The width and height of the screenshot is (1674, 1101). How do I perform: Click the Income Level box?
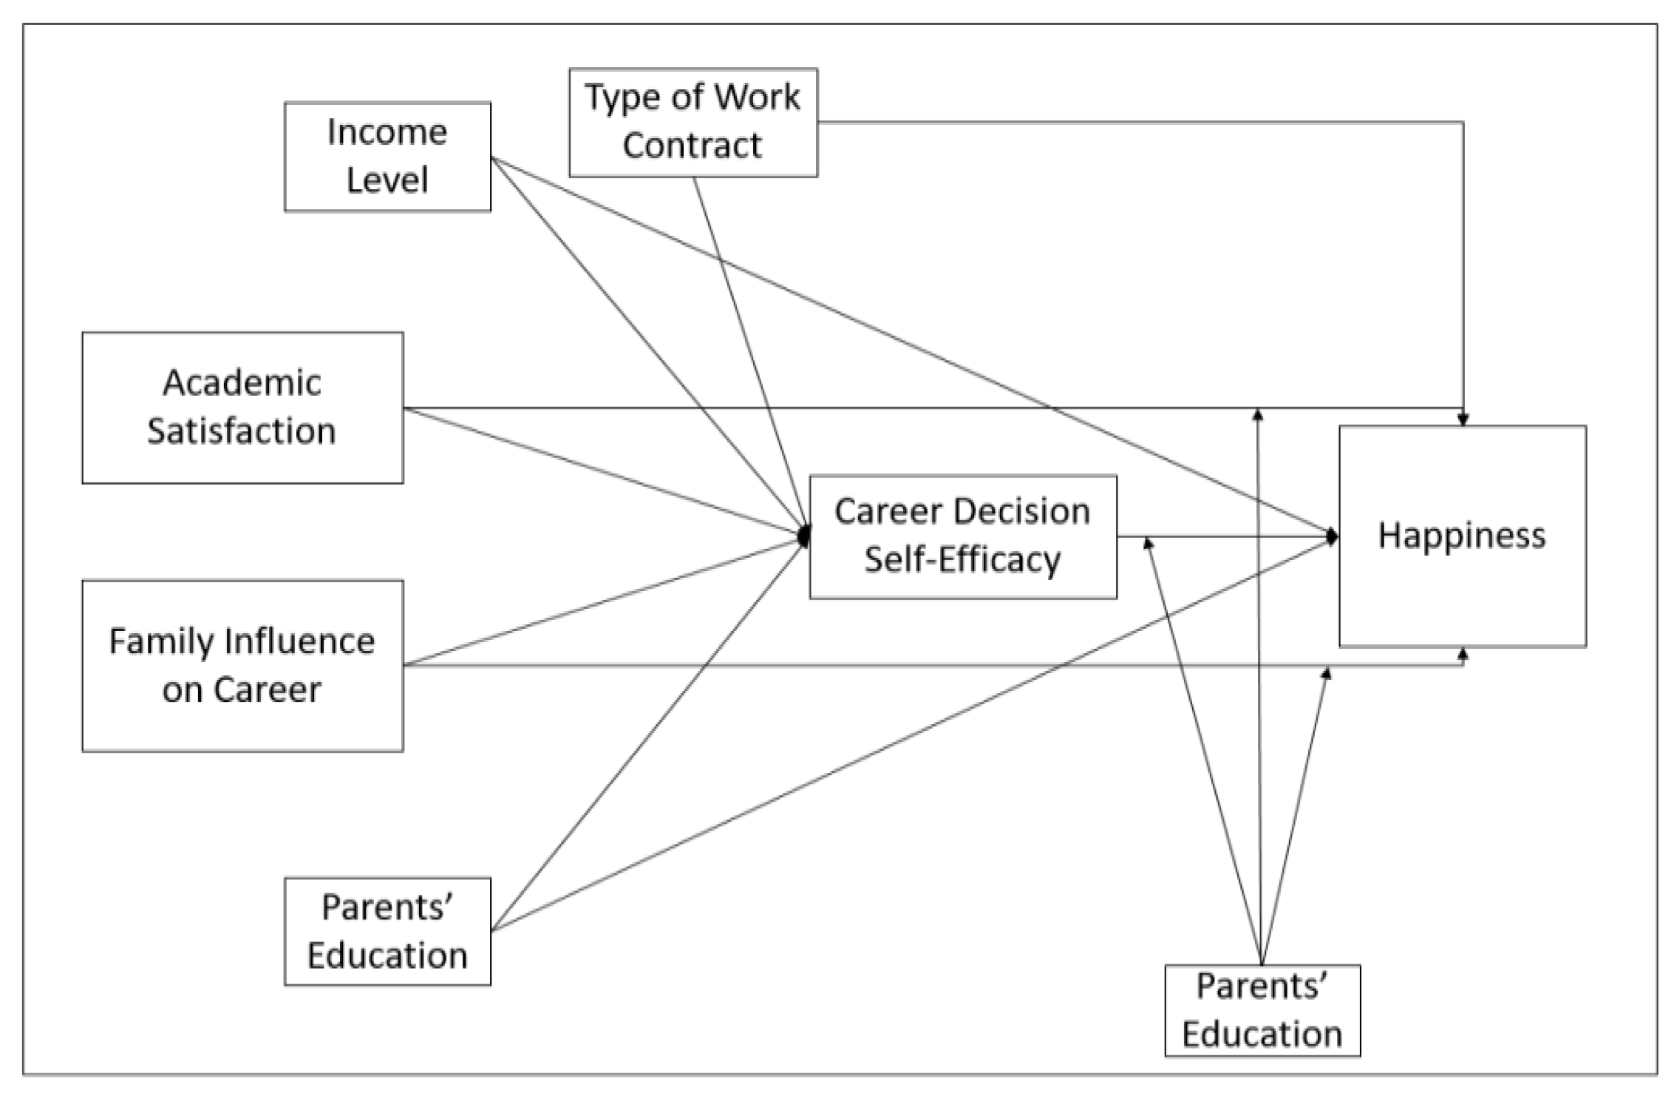pyautogui.click(x=387, y=157)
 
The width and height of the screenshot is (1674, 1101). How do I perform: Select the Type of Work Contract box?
pyautogui.click(x=693, y=122)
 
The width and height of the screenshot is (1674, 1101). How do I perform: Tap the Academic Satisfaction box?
pyautogui.click(x=242, y=407)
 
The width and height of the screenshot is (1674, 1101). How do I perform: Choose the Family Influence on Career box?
pyautogui.click(x=242, y=665)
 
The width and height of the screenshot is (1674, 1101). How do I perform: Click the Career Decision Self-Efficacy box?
pyautogui.click(x=962, y=536)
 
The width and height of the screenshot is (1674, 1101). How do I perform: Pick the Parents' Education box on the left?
pyautogui.click(x=387, y=931)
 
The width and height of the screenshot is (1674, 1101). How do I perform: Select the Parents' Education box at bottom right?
pyautogui.click(x=1262, y=1010)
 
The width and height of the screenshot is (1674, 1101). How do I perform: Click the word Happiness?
pyautogui.click(x=1461, y=535)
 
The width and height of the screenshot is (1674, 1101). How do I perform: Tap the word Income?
pyautogui.click(x=387, y=132)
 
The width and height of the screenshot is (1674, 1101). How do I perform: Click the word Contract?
pyautogui.click(x=692, y=146)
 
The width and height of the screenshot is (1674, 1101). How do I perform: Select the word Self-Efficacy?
pyautogui.click(x=962, y=559)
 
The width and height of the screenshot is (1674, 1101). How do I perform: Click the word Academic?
pyautogui.click(x=242, y=383)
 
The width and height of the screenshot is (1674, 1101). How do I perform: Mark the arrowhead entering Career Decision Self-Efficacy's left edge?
pyautogui.click(x=804, y=536)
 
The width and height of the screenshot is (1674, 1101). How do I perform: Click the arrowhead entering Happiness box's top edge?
pyautogui.click(x=1463, y=420)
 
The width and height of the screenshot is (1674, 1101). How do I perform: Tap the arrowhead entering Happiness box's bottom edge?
pyautogui.click(x=1463, y=654)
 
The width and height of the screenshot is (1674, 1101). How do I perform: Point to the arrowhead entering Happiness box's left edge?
pyautogui.click(x=1332, y=537)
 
